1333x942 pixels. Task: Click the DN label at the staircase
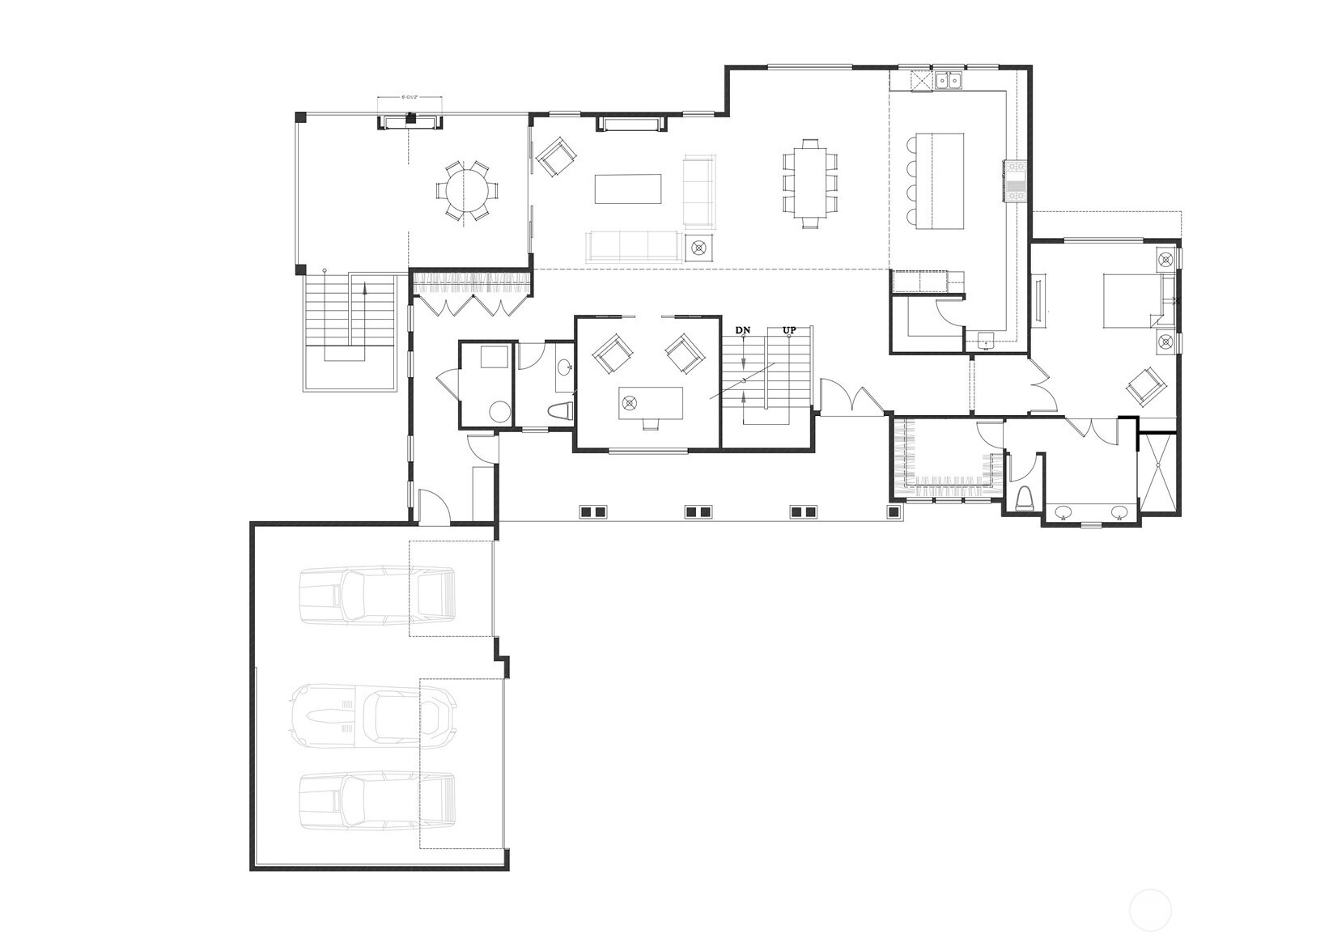[742, 330]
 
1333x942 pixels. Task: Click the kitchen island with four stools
[941, 180]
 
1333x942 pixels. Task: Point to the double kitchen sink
[949, 80]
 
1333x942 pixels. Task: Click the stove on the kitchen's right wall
[1015, 180]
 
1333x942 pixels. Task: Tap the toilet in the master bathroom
[1024, 499]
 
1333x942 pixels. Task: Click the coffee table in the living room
[628, 189]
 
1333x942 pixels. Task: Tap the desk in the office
[651, 401]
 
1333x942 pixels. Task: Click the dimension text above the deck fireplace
[410, 97]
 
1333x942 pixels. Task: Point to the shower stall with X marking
[1159, 474]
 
